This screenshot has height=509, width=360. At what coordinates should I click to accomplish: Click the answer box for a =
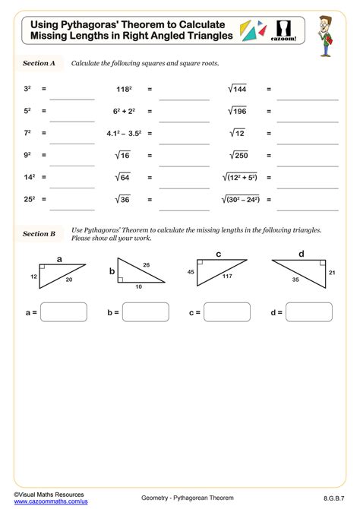pos(63,311)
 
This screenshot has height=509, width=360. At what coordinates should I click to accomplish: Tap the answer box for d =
pos(308,311)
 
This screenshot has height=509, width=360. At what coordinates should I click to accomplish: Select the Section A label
pos(39,64)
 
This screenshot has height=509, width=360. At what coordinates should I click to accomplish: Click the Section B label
pos(39,233)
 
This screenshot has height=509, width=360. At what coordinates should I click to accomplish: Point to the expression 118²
pos(125,89)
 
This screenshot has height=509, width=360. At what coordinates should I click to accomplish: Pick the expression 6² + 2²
pos(125,111)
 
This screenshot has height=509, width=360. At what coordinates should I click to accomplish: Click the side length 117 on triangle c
pos(227,276)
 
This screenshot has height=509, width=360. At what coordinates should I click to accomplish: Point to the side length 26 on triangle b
pos(146,265)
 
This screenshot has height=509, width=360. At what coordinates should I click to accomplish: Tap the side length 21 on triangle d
pos(332,272)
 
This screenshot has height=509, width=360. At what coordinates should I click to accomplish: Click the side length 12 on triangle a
pos(33,276)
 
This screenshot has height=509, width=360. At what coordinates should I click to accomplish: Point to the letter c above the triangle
pos(218,254)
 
